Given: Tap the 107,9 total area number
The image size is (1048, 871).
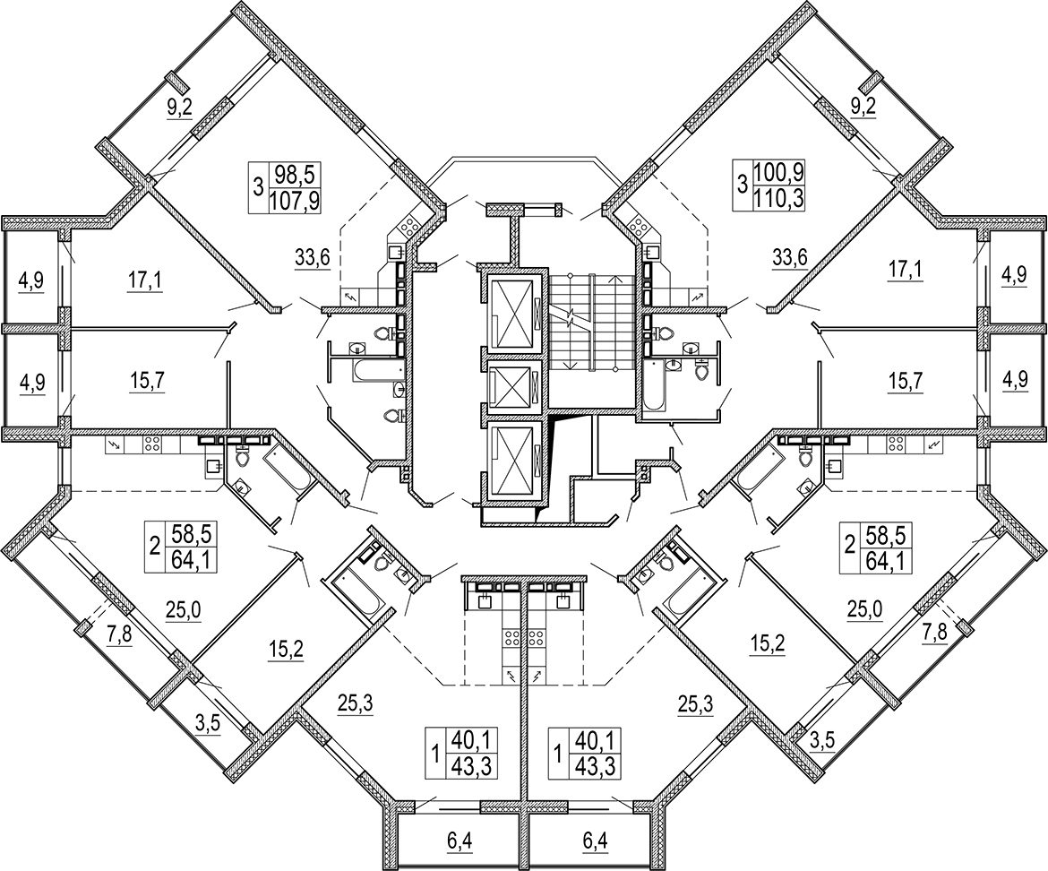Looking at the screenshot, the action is pos(294,200).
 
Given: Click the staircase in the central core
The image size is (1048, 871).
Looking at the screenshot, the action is pos(591,322).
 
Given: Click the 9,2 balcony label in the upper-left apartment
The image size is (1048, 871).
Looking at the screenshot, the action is pos(180,107).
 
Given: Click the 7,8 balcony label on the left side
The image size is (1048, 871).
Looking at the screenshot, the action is pos(119,632).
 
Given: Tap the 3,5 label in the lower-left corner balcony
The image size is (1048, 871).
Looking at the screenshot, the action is pos(207,723).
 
